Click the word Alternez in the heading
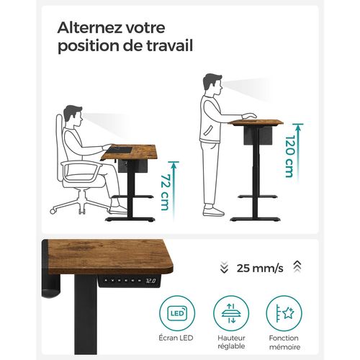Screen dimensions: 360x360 point(88,28)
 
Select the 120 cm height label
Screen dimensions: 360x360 point(288,158)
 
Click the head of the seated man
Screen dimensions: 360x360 point(73,114)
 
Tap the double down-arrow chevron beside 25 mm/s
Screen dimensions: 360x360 point(224,268)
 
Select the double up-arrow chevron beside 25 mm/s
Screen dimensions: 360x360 point(297,268)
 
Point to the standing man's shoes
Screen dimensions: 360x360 point(213,210)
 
